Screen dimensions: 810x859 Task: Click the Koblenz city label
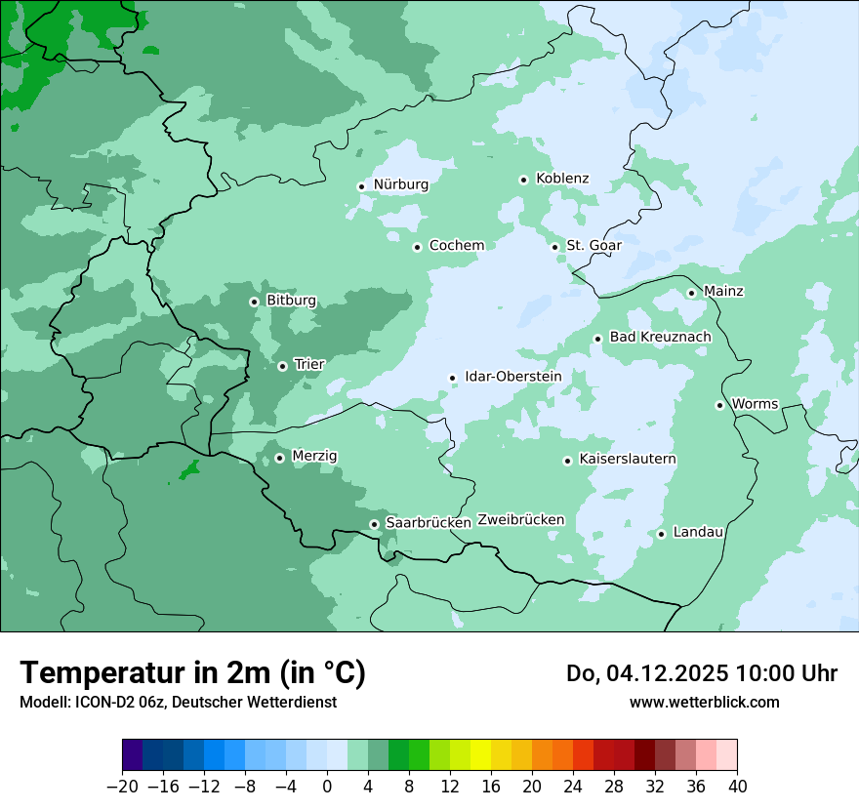pyautogui.click(x=562, y=179)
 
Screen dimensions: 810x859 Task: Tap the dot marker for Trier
pyautogui.click(x=282, y=366)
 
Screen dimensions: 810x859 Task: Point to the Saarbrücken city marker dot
pyautogui.click(x=374, y=524)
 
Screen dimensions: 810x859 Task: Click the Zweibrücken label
pyautogui.click(x=520, y=520)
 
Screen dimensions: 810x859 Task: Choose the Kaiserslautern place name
pyautogui.click(x=627, y=460)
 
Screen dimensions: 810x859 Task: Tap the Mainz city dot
pyautogui.click(x=691, y=293)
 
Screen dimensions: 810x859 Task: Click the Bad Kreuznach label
pyautogui.click(x=660, y=338)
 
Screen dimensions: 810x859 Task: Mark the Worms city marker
pyautogui.click(x=719, y=405)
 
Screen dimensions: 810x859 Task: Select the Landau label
pyautogui.click(x=698, y=533)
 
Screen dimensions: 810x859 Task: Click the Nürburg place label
pyautogui.click(x=400, y=184)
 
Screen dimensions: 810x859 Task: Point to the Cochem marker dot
pyautogui.click(x=417, y=247)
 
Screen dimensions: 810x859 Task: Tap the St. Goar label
pyautogui.click(x=593, y=246)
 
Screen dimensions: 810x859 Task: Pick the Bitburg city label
pyautogui.click(x=291, y=301)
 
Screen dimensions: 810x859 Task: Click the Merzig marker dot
pyautogui.click(x=279, y=458)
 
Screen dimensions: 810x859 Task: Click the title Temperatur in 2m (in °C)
pyautogui.click(x=192, y=673)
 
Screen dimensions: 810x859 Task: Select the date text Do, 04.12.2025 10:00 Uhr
pyautogui.click(x=701, y=673)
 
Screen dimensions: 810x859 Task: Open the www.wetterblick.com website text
pyautogui.click(x=704, y=702)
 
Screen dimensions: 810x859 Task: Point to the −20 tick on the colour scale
pyautogui.click(x=122, y=787)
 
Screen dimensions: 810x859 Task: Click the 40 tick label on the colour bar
pyautogui.click(x=737, y=787)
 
